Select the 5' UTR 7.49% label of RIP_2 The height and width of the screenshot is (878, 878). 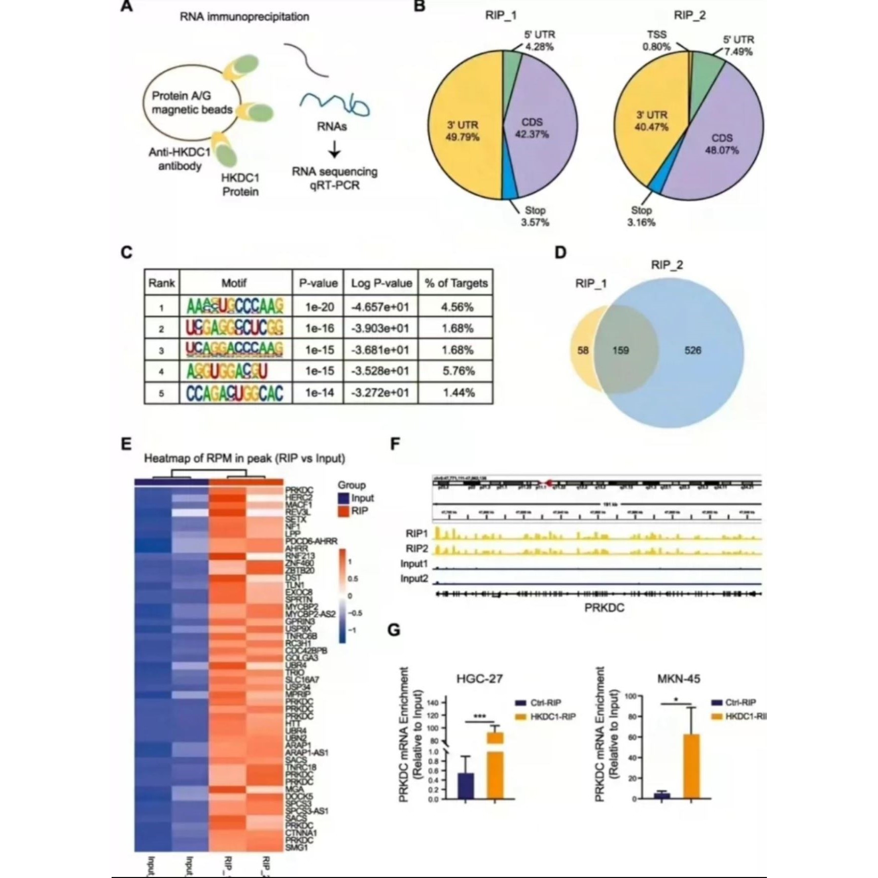point(738,46)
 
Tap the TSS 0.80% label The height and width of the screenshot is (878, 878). point(657,41)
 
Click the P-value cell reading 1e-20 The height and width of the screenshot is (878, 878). point(319,307)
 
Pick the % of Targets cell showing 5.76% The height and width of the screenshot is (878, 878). point(458,371)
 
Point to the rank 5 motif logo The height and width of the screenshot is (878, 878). point(235,393)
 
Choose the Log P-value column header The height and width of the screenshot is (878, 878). point(381,283)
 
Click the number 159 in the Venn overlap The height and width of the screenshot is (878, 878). point(620,350)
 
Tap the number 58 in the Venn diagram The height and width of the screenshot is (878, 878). point(583,350)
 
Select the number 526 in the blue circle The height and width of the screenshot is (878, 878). point(693,350)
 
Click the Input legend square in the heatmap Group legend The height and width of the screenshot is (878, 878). point(344,498)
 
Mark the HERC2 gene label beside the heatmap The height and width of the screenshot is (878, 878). point(299,498)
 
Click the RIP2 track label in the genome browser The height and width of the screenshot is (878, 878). point(416,549)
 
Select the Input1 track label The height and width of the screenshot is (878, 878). point(414,564)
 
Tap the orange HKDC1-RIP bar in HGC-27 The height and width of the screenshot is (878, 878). point(495,766)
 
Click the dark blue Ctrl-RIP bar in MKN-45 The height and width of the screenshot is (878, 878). point(661,795)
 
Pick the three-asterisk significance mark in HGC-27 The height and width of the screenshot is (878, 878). point(479,717)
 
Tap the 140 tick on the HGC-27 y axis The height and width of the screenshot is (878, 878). point(433,703)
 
